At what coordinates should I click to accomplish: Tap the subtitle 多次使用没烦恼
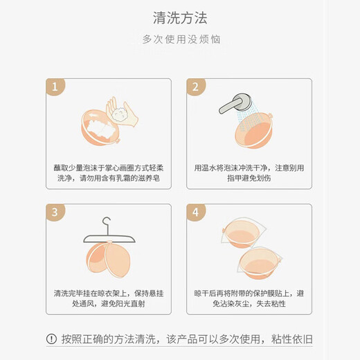[x=179, y=39]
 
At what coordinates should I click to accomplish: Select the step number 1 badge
[x=55, y=87]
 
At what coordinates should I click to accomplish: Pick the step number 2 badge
[x=196, y=87]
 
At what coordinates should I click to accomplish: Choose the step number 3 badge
[x=55, y=212]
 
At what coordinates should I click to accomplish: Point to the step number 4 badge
[x=196, y=212]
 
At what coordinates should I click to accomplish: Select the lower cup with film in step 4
[x=261, y=262]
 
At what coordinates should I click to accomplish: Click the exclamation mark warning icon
[x=51, y=339]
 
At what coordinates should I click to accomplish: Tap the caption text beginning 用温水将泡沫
[x=249, y=173]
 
